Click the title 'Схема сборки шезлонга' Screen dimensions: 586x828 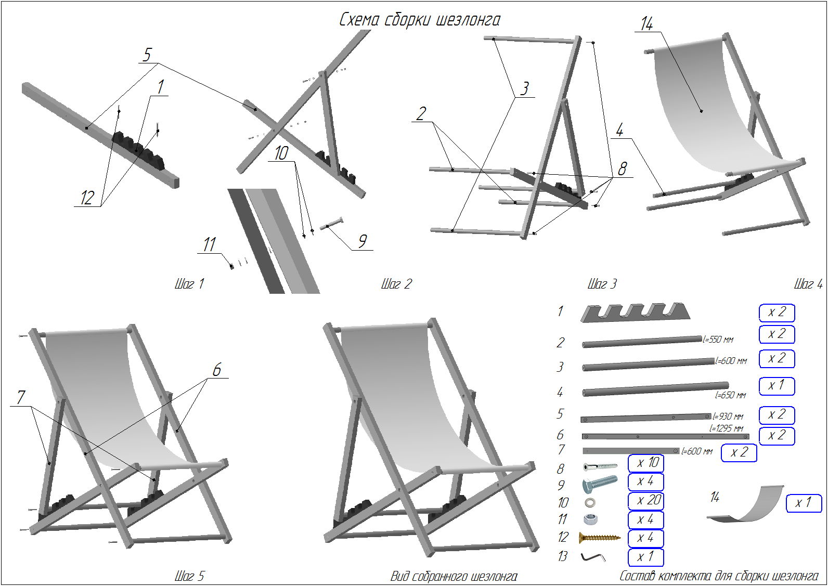click(419, 20)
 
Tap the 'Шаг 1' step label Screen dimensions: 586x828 click(189, 284)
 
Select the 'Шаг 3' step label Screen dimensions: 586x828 click(602, 284)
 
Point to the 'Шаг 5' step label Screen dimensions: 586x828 click(189, 576)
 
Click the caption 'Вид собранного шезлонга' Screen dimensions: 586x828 click(454, 576)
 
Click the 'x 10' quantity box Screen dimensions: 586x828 click(646, 463)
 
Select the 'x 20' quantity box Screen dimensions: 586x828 click(646, 500)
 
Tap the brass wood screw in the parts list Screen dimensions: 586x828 click(600, 538)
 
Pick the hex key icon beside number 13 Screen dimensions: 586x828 click(593, 557)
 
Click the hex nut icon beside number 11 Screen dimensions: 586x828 click(590, 519)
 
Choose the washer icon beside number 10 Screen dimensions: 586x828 click(590, 503)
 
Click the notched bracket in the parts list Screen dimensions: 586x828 click(635, 312)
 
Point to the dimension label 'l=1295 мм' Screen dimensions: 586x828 click(727, 428)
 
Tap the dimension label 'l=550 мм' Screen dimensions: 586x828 click(718, 340)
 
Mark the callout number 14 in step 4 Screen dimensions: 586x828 click(646, 24)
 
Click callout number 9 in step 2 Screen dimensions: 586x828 click(363, 241)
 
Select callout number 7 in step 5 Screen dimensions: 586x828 click(21, 397)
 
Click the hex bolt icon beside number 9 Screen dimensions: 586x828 click(600, 484)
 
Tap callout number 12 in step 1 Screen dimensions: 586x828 click(87, 198)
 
